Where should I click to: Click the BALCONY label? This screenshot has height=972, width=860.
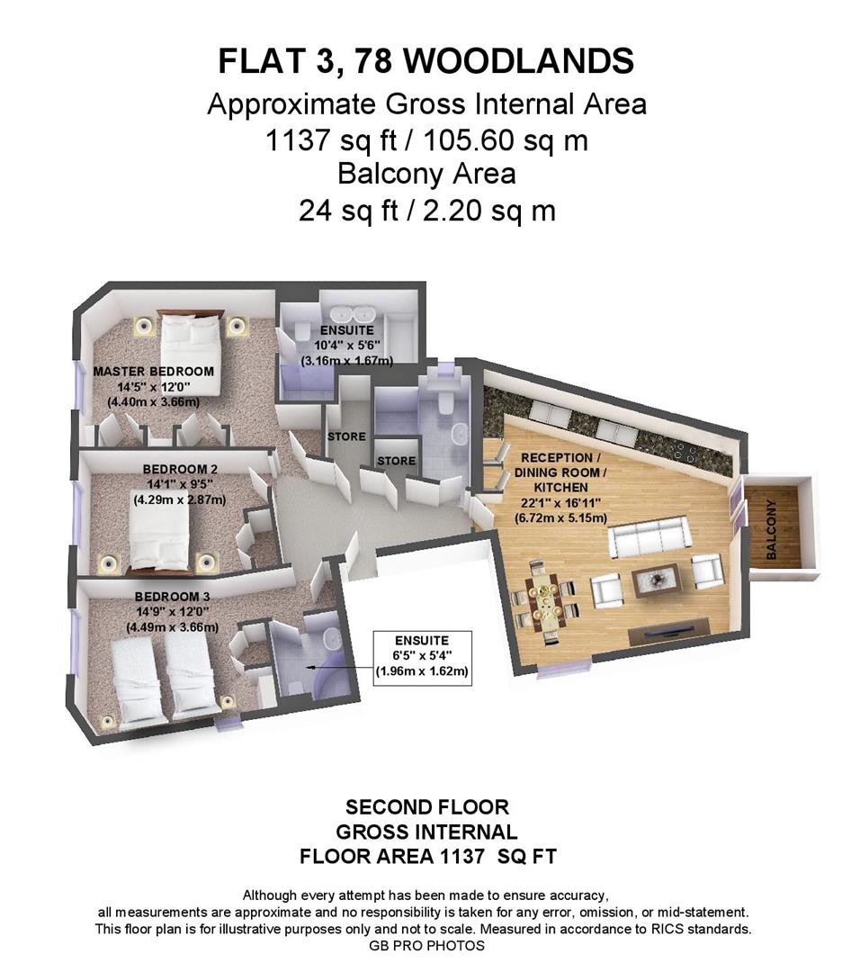pyautogui.click(x=771, y=538)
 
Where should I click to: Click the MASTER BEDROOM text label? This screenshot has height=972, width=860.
pyautogui.click(x=154, y=371)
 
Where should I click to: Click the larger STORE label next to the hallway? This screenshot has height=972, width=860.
pyautogui.click(x=347, y=436)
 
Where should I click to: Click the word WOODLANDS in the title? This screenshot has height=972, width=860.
pyautogui.click(x=518, y=61)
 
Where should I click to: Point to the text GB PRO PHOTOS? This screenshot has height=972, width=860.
pyautogui.click(x=426, y=946)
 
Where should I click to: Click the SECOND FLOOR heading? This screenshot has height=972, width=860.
pyautogui.click(x=427, y=806)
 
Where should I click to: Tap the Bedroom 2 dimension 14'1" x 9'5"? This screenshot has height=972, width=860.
pyautogui.click(x=178, y=483)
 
